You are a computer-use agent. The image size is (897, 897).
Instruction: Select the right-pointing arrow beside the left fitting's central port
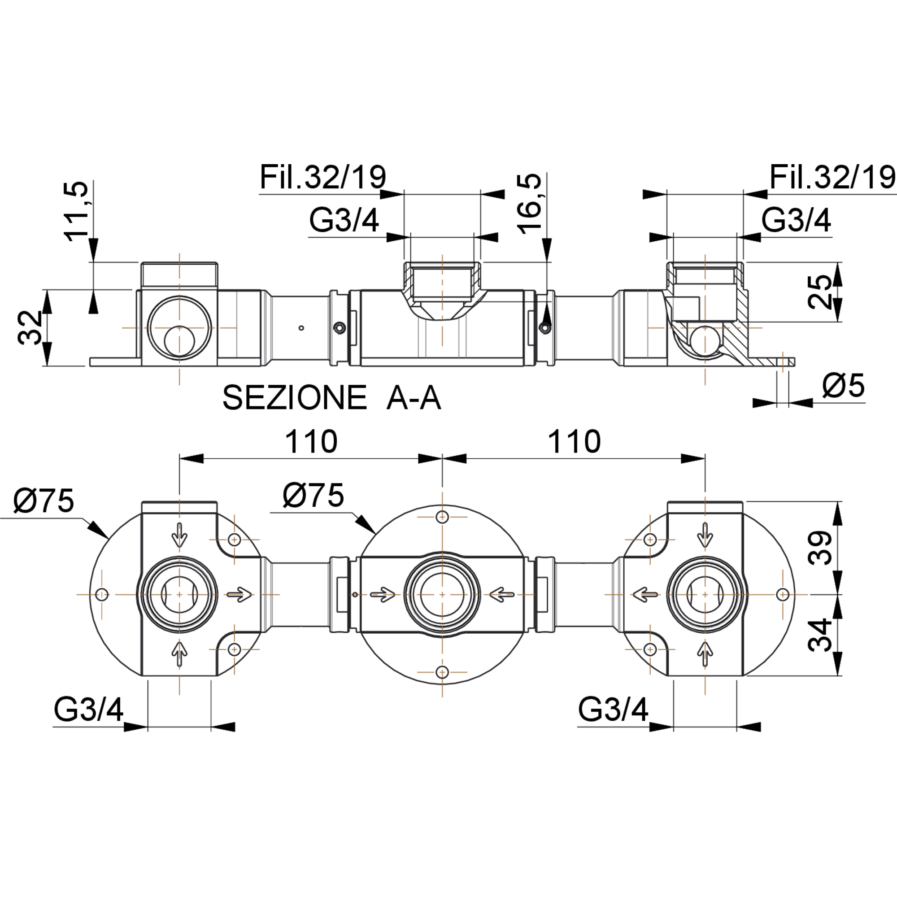[x=239, y=594]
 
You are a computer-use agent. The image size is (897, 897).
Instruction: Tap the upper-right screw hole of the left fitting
[x=234, y=540]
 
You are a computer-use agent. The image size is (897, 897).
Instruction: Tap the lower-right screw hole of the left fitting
[x=234, y=649]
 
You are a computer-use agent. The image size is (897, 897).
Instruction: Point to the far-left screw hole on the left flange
[x=102, y=594]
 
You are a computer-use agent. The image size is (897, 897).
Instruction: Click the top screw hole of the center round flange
[x=442, y=516]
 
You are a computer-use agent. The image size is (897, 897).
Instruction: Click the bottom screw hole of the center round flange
[x=442, y=672]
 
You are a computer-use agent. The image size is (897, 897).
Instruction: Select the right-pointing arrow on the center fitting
[x=383, y=594]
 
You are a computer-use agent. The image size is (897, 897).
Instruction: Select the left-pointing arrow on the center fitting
[x=501, y=594]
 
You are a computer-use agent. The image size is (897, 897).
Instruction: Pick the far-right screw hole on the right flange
[x=783, y=594]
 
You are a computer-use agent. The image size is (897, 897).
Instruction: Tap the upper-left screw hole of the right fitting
[x=650, y=540]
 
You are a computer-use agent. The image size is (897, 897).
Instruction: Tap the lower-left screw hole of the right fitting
[x=650, y=649]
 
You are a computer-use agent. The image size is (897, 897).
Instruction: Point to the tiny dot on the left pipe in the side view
[x=301, y=328]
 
